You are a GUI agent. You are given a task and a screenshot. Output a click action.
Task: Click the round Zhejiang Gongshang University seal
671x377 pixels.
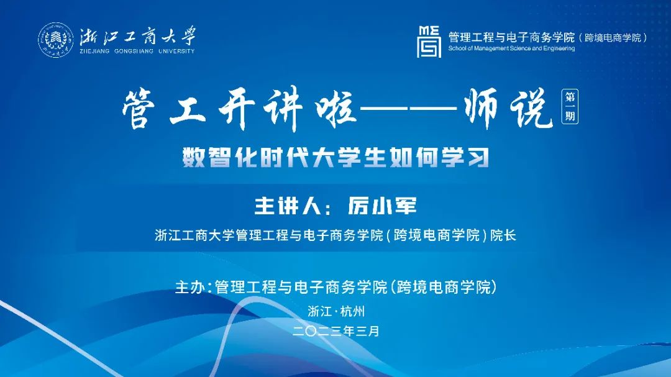[x=56, y=40]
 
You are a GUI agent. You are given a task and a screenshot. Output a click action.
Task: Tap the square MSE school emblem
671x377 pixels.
[x=429, y=42]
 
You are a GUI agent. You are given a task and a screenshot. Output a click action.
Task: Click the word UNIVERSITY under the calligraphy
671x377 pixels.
[x=176, y=52]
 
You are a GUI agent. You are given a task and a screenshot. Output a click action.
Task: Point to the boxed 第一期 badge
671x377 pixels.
[x=570, y=107]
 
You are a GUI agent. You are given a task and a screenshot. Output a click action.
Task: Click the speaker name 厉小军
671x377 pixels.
[x=382, y=206]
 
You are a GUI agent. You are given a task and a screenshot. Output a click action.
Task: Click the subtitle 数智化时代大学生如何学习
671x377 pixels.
[x=336, y=158]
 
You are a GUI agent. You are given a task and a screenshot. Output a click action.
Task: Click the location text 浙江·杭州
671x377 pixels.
[x=336, y=311]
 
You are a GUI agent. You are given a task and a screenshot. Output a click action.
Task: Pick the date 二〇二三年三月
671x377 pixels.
[x=336, y=331]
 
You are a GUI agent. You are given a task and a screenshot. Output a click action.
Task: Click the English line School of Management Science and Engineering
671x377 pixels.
[x=511, y=48]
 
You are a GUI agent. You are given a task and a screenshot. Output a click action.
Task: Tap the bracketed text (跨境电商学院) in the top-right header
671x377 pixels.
[x=613, y=38]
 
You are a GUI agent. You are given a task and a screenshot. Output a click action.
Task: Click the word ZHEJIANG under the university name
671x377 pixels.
[x=94, y=52]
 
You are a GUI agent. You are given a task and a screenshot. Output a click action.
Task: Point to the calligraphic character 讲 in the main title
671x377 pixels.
[x=283, y=109]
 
